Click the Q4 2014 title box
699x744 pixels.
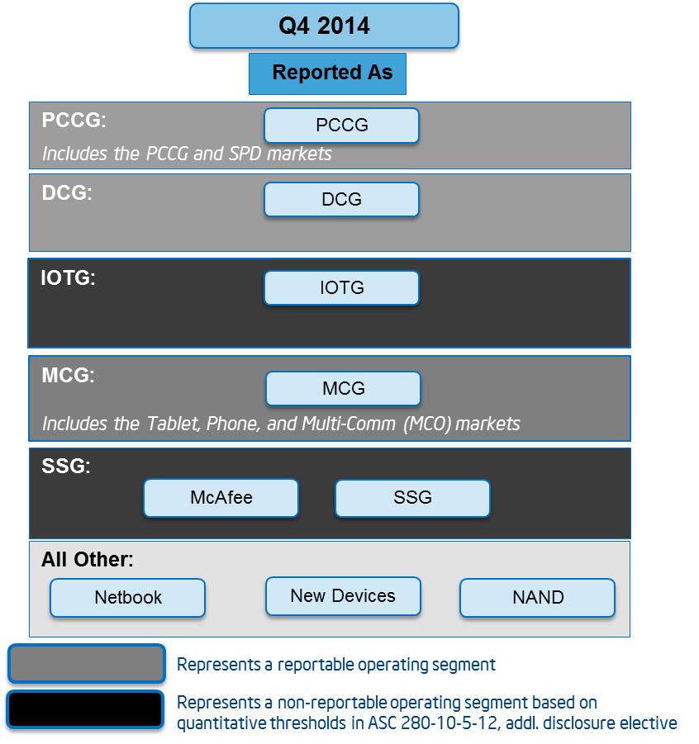click(x=324, y=26)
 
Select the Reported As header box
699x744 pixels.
click(x=328, y=73)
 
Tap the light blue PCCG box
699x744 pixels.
click(x=341, y=126)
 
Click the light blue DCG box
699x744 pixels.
click(x=341, y=199)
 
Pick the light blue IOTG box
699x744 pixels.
click(x=341, y=287)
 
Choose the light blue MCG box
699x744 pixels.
click(x=344, y=389)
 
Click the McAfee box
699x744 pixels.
click(x=221, y=498)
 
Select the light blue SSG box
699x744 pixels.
click(x=412, y=498)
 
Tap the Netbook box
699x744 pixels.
click(x=128, y=597)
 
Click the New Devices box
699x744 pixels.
click(x=344, y=596)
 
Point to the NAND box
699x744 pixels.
click(x=538, y=597)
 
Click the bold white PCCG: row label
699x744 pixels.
click(x=74, y=120)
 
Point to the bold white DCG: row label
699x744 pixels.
click(x=66, y=192)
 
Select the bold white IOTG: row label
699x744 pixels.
click(x=68, y=278)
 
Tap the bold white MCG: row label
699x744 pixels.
click(x=68, y=376)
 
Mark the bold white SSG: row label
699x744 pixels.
click(x=66, y=466)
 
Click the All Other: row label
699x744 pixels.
click(x=88, y=559)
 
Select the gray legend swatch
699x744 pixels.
click(x=87, y=663)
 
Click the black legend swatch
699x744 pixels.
click(x=85, y=709)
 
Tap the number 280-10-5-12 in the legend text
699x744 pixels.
click(x=449, y=723)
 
